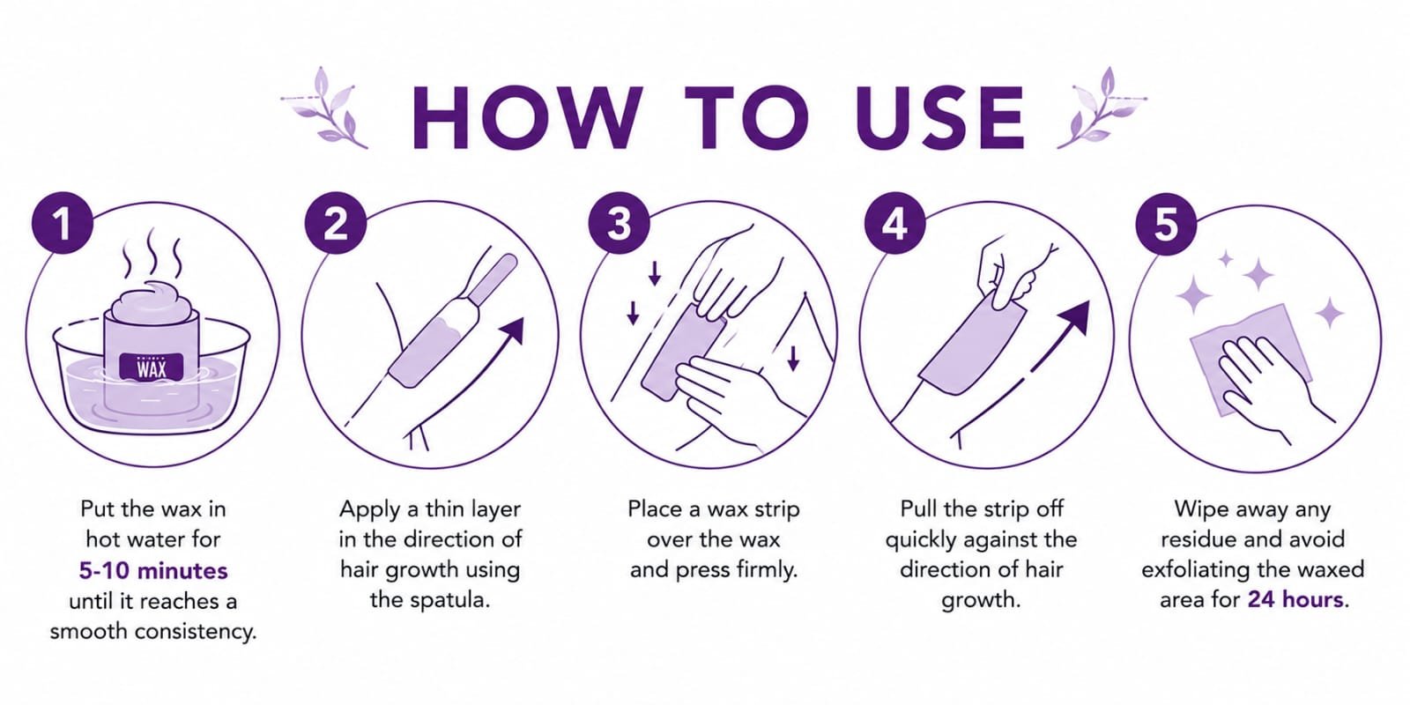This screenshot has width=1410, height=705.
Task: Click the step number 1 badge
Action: (63, 223)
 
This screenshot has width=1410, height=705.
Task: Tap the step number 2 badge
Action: (336, 223)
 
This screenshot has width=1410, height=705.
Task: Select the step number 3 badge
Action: (620, 223)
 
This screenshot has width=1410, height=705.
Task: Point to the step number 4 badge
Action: (895, 223)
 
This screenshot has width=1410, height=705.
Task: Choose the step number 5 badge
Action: (1167, 224)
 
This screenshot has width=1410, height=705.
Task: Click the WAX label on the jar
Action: (152, 367)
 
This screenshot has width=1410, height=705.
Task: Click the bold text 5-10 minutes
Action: (153, 570)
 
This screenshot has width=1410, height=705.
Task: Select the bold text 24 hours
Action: (1295, 599)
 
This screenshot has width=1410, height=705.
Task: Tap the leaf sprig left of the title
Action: (325, 108)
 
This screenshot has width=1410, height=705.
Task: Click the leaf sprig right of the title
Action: (1102, 108)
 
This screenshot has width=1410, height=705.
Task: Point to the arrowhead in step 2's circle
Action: (512, 330)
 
